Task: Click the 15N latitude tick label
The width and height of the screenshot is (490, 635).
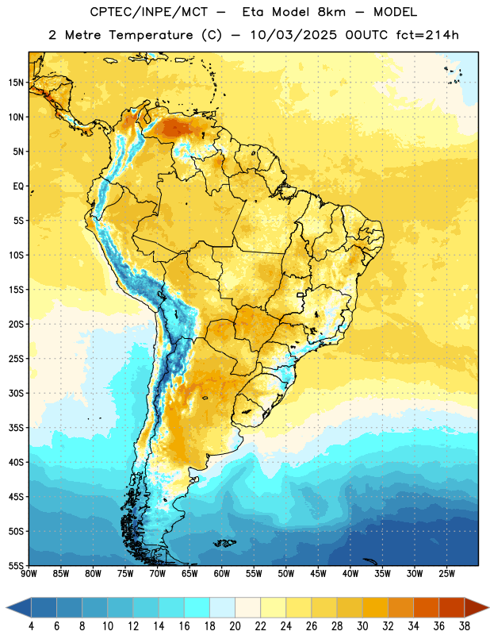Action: click(15, 83)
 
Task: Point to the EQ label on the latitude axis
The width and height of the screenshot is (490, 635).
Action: click(18, 187)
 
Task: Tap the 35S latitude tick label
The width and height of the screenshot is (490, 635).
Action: click(16, 428)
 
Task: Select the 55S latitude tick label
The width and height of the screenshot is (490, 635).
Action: click(16, 565)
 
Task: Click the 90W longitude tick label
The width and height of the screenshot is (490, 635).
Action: click(29, 574)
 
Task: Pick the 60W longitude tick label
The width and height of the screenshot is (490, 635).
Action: click(222, 574)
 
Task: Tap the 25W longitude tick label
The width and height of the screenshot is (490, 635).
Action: click(446, 574)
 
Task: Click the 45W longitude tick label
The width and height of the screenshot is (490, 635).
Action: click(318, 574)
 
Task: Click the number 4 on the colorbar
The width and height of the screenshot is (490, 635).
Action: click(31, 626)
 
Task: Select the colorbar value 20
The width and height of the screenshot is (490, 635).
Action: click(235, 626)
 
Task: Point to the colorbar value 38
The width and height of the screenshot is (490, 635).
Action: click(465, 626)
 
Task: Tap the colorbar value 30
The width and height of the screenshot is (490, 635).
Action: click(362, 626)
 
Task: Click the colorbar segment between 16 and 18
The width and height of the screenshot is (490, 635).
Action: click(197, 607)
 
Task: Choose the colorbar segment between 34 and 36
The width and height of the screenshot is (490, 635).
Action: click(426, 607)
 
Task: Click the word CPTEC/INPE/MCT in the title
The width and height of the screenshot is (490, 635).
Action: click(149, 12)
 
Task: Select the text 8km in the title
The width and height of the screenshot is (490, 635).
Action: click(331, 12)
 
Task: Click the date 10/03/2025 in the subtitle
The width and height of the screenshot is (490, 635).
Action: click(293, 35)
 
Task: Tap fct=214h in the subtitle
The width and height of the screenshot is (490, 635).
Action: click(427, 35)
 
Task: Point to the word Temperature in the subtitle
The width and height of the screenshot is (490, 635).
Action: click(151, 36)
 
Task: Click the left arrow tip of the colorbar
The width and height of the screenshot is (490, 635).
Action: click(6, 607)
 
